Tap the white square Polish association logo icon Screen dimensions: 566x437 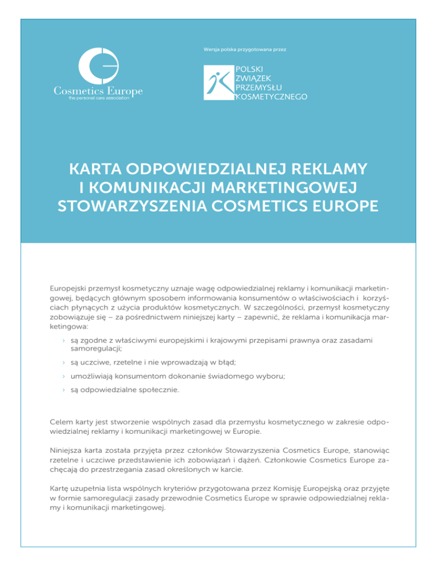pos(219,82)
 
